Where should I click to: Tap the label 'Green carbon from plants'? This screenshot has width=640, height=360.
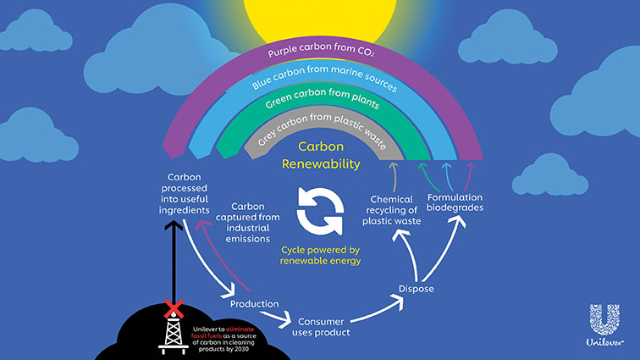322,106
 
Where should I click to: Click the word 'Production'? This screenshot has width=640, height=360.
254,303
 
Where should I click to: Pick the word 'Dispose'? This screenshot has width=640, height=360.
416,290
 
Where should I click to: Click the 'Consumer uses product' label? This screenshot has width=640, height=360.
322,327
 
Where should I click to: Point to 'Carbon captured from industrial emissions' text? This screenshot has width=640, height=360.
255,222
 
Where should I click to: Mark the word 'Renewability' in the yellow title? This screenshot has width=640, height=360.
323,164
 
